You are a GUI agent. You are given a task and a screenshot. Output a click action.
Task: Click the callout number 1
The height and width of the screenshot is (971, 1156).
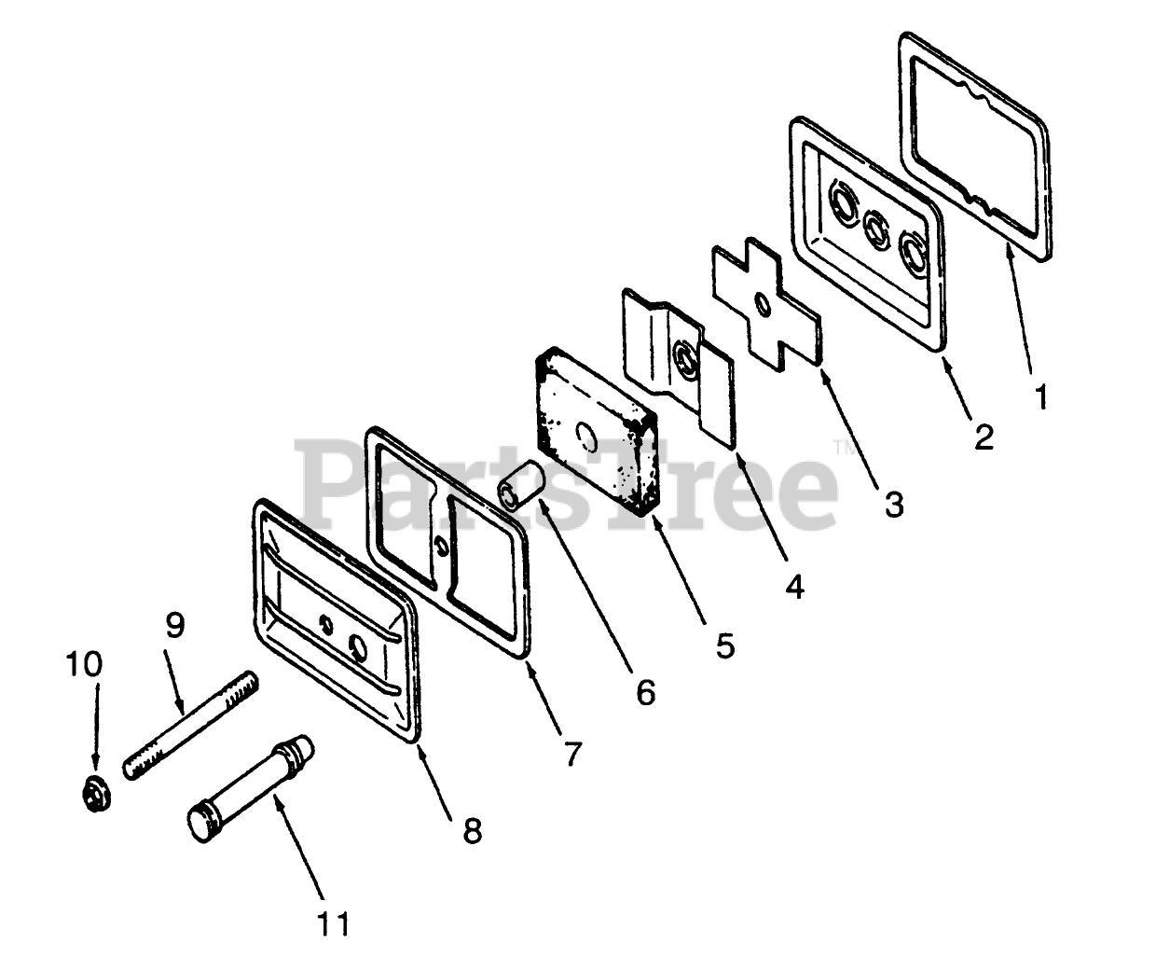pos(1041,398)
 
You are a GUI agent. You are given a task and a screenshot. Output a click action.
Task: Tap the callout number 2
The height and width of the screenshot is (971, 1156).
pos(984,437)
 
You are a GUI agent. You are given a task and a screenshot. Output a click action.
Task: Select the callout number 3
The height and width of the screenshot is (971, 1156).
pos(894,505)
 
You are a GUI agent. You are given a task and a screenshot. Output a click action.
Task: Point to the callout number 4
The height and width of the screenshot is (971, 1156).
pos(795,586)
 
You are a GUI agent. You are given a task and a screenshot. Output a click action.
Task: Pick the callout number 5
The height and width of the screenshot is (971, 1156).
pos(725,645)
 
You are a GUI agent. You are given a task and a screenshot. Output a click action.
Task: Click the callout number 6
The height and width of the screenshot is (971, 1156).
pos(645,691)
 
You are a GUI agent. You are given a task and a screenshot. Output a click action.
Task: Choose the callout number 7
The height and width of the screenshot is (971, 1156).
pos(571,752)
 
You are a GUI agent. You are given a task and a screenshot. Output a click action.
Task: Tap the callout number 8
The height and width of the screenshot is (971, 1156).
pos(473,830)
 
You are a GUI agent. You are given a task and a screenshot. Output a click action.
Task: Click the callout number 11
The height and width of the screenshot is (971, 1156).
pos(333,924)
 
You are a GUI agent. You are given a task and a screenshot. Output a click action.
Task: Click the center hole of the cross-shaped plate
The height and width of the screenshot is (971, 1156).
pos(763,306)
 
